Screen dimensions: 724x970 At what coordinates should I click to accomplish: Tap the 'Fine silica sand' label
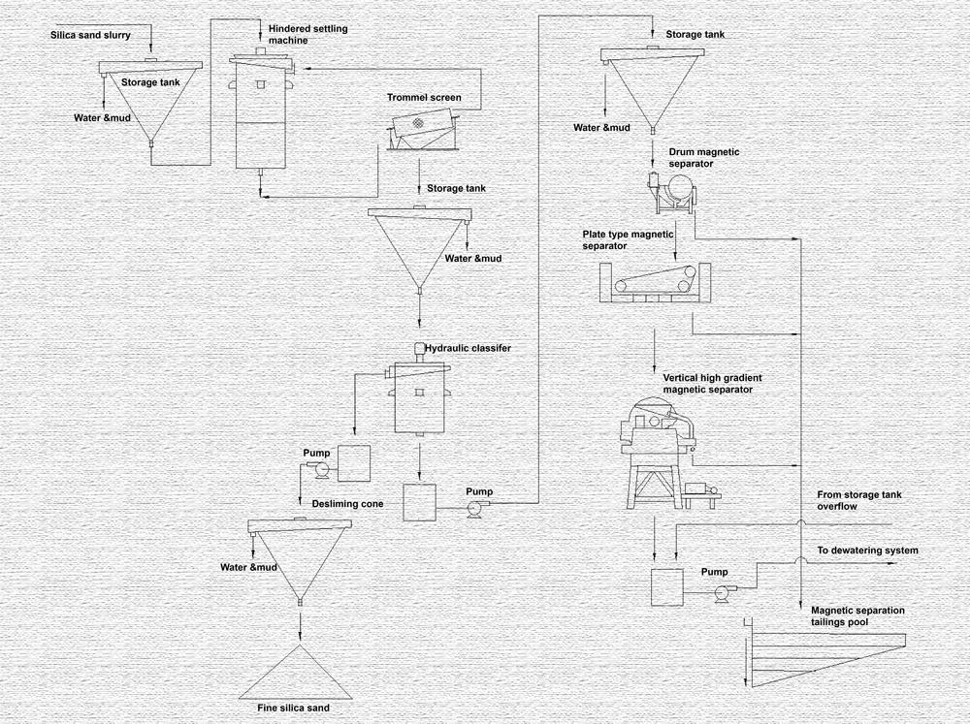click(293, 708)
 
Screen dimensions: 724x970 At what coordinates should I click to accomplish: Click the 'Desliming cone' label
click(347, 503)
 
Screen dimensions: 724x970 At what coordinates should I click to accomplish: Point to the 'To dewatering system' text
click(867, 551)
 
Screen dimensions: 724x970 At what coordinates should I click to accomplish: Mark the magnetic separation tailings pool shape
click(824, 654)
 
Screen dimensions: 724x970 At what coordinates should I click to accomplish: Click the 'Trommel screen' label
click(424, 98)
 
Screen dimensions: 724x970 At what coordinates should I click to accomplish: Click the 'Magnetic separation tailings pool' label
click(857, 616)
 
